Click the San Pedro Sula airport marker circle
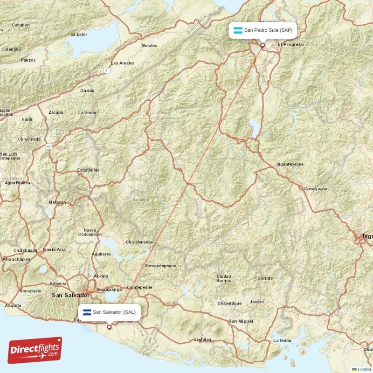pos(262,45)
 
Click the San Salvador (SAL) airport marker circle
pos(109,327)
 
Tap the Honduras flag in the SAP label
pos(238,30)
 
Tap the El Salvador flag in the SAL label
pos(86,312)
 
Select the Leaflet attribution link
pos(364,369)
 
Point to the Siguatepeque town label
pos(290,165)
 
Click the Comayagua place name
pos(316,189)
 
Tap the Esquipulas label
pos(88,170)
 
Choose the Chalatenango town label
pos(139,242)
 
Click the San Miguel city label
pos(241,321)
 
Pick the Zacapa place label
pos(55,113)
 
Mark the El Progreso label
pos(290,45)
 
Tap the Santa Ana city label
pos(55,249)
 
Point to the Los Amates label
pos(123,63)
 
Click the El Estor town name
pos(79,35)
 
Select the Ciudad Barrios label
pos(223,278)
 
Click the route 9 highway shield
pos(106,70)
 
